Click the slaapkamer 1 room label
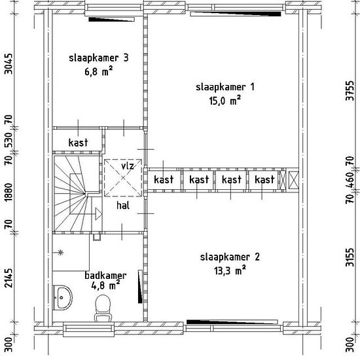coord(225,88)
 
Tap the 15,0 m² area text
coord(225,101)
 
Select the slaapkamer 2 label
coord(230,257)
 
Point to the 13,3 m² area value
coord(230,270)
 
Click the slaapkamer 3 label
coord(99,58)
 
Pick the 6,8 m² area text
coord(99,71)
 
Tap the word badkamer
coord(105,276)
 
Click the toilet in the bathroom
coord(103,308)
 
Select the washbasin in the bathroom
coord(62,298)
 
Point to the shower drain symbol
coord(60,253)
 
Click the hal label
coord(123,206)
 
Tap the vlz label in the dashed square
coord(128,166)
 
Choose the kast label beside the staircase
coord(78,142)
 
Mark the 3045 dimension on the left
coord(9,64)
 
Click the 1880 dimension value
coord(9,192)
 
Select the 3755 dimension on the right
coord(350,90)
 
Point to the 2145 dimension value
coord(9,278)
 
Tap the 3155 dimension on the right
coord(350,257)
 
